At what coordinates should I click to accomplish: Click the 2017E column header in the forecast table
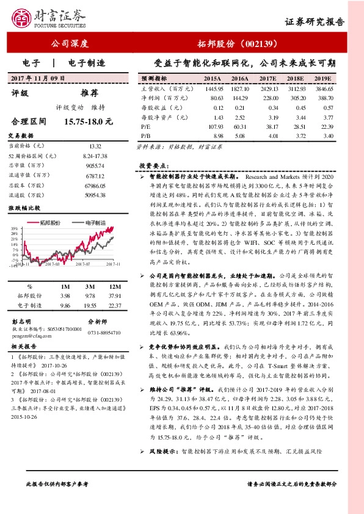267,79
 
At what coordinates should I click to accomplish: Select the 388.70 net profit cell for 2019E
326,97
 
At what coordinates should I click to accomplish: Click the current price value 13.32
95,147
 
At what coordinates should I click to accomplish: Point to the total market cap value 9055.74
95,166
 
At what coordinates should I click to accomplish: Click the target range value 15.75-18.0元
89,121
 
